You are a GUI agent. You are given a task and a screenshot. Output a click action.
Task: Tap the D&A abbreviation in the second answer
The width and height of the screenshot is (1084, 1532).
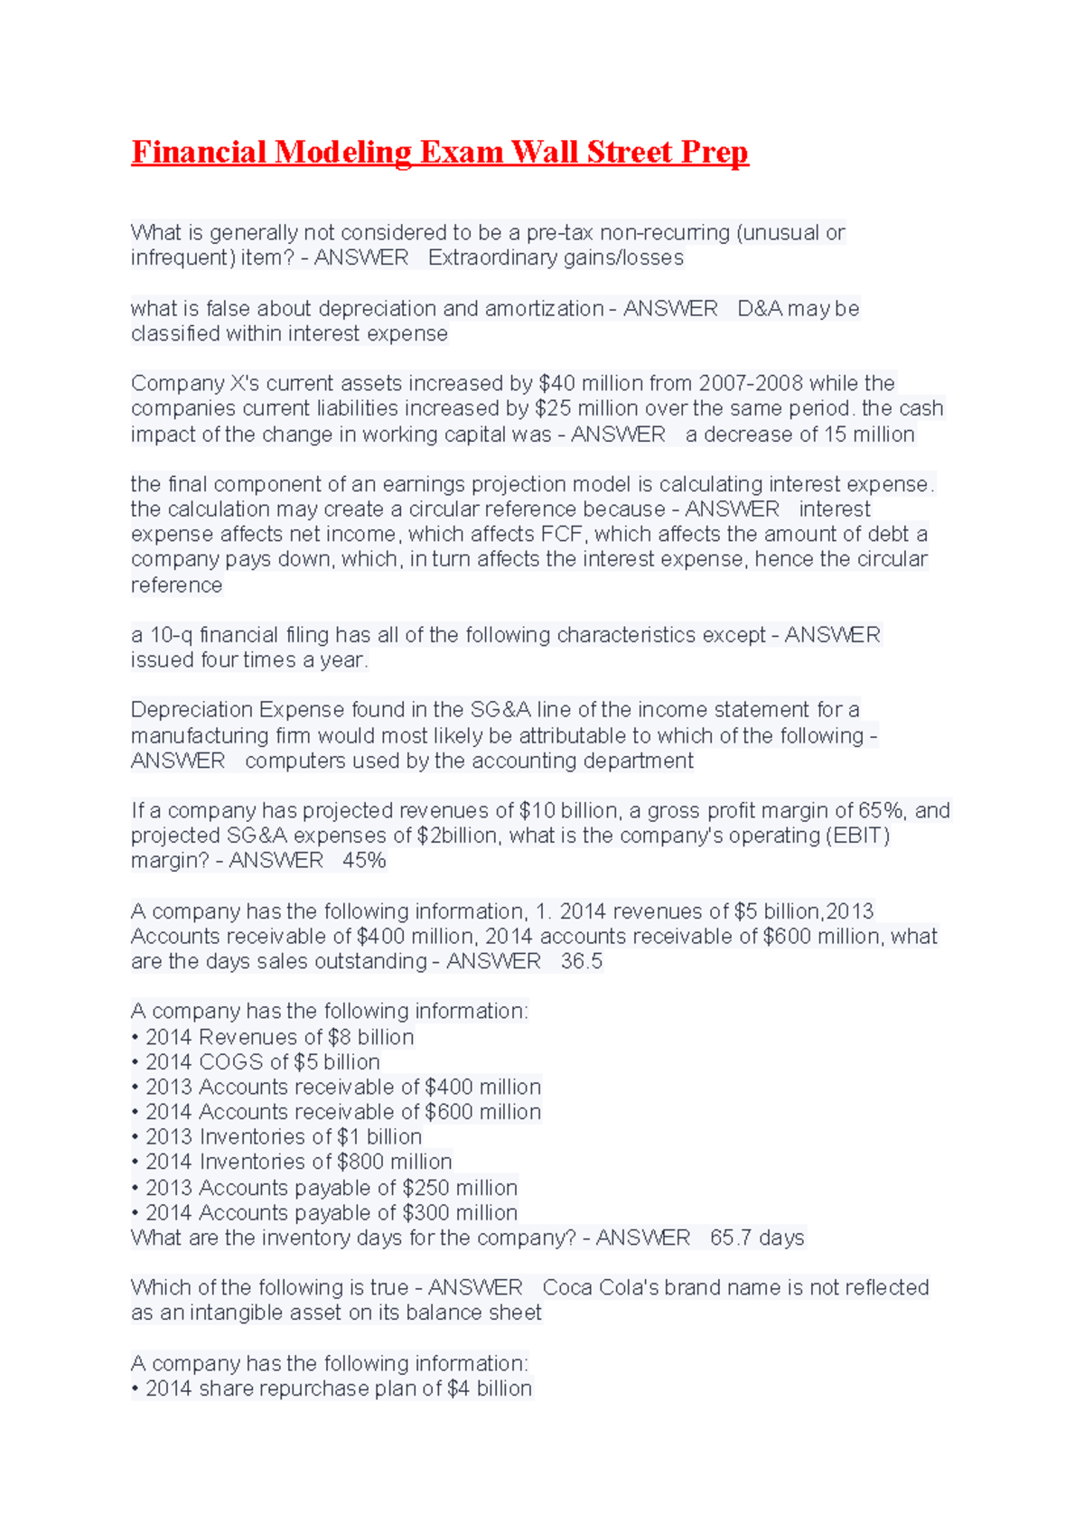click(760, 309)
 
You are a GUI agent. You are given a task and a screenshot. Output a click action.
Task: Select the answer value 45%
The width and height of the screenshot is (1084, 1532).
click(364, 861)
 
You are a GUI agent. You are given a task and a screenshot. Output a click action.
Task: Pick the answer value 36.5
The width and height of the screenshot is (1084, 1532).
click(581, 962)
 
